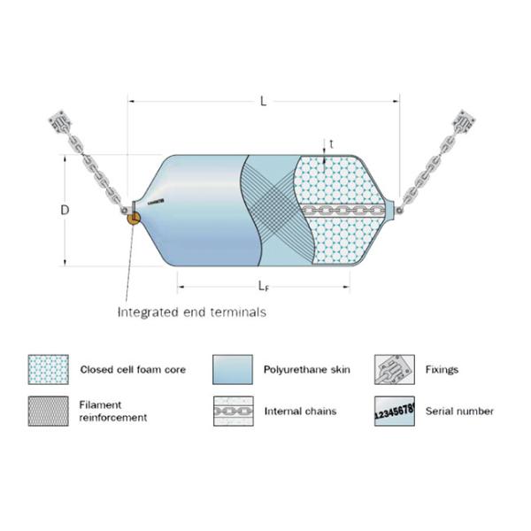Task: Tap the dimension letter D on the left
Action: tap(64, 211)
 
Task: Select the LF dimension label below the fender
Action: tap(264, 286)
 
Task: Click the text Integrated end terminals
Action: tap(192, 312)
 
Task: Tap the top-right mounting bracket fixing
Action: tap(466, 120)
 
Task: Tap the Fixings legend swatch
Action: tap(392, 369)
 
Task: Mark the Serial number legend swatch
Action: tap(392, 411)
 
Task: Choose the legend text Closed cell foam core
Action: tap(133, 369)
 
